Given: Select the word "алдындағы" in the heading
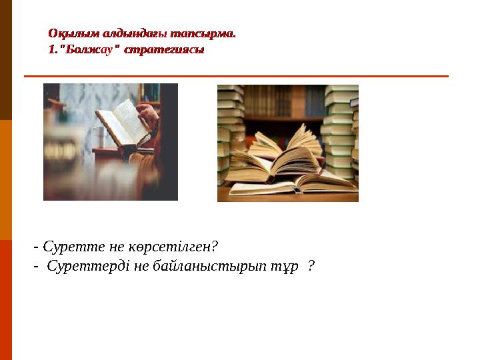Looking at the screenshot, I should (129, 32).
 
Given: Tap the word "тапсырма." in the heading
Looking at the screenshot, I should (204, 32).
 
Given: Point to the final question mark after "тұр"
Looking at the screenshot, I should (311, 266).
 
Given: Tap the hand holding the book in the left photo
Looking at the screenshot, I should (148, 117).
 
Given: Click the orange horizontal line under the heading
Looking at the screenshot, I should (236, 76).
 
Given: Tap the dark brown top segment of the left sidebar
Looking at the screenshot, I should (6, 60).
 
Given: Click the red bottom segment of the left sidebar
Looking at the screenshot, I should (6, 300).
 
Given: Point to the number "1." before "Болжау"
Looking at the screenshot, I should (53, 49).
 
